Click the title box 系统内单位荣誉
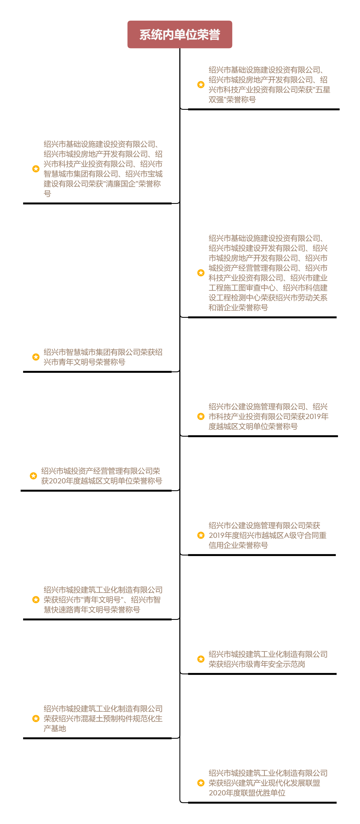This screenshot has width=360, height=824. pos(180,35)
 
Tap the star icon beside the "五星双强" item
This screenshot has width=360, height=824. pos(201,84)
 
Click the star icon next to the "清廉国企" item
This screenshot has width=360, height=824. pos(36,169)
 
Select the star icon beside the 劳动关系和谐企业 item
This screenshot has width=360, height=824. pos(201,273)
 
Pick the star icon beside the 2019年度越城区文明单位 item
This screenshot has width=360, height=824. pos(201,416)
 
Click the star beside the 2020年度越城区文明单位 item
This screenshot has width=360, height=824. pos(33,476)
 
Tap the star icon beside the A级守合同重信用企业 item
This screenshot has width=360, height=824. pos(201,535)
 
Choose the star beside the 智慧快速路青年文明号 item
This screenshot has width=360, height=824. pos(36,599)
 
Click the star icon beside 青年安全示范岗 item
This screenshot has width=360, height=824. pos(201,659)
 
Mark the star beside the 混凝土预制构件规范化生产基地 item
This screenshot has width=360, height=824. pos(36,718)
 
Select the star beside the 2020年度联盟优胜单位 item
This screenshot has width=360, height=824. pos(201,783)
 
